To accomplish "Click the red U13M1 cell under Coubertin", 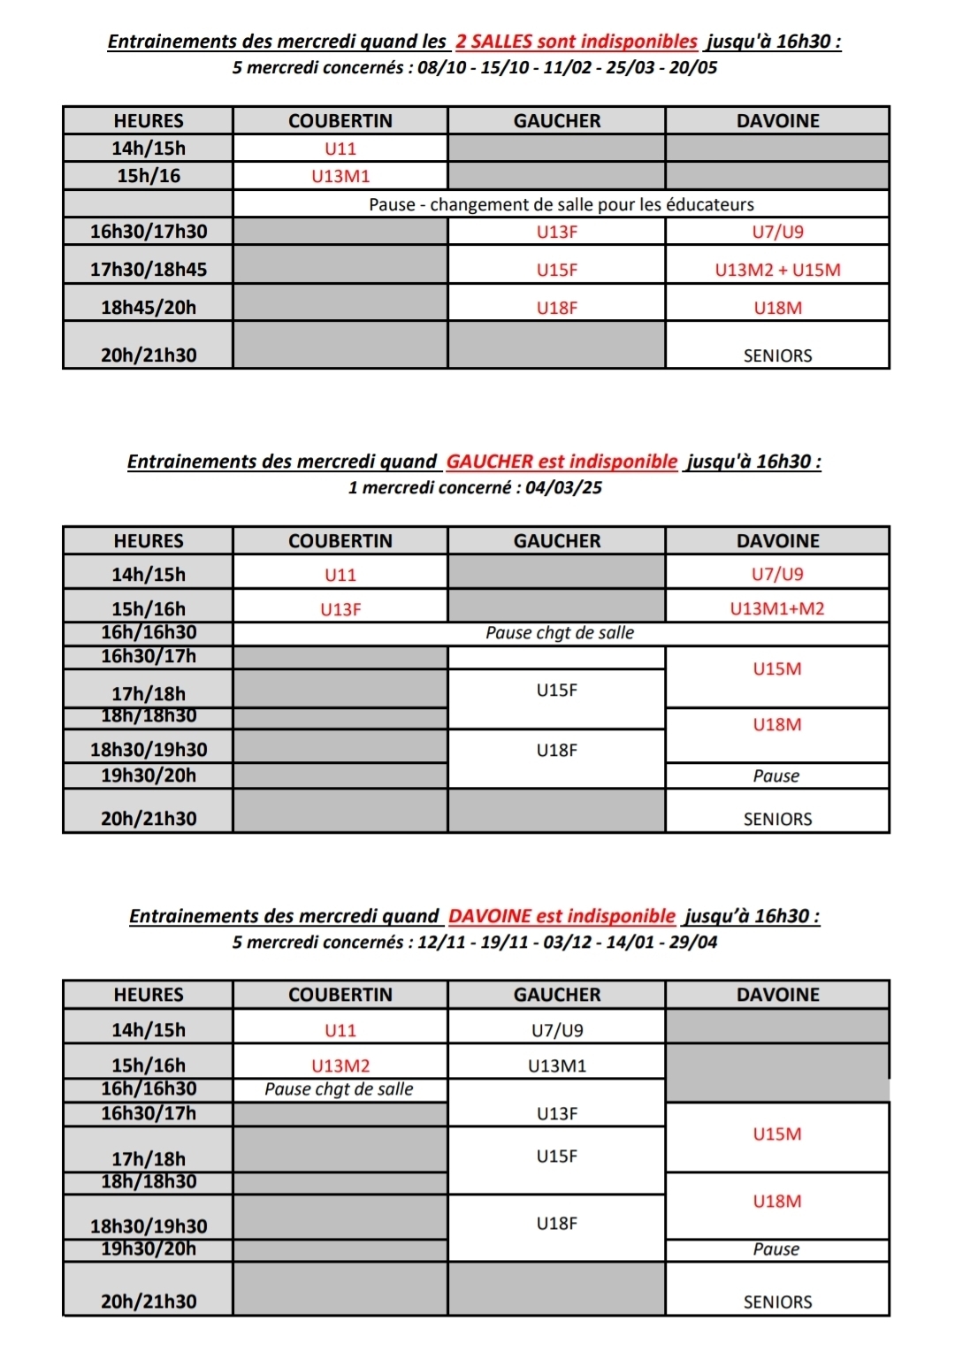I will [x=340, y=176].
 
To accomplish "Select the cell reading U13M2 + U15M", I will [x=777, y=270].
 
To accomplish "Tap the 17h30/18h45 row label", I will [x=149, y=270].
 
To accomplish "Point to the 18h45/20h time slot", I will [x=149, y=308].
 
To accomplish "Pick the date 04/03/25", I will [x=563, y=487].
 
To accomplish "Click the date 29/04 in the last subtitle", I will [x=693, y=942].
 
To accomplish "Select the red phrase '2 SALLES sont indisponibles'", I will [x=577, y=41].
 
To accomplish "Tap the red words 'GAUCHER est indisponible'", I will [x=562, y=461].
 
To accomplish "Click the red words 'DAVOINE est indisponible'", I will [x=562, y=916].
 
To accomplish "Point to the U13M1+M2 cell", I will [x=777, y=608].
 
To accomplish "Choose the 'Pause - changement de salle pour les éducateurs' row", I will [x=562, y=204].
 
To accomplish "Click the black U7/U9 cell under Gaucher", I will [x=557, y=1030].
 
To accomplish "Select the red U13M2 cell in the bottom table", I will [x=340, y=1065].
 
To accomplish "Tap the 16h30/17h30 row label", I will [x=149, y=232].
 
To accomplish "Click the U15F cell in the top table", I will [x=557, y=270].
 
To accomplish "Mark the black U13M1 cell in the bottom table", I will [x=557, y=1065].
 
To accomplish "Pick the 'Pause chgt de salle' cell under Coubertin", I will [x=340, y=1089].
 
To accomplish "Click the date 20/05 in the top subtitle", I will [x=693, y=67].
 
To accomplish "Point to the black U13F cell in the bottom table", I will [x=557, y=1113].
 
